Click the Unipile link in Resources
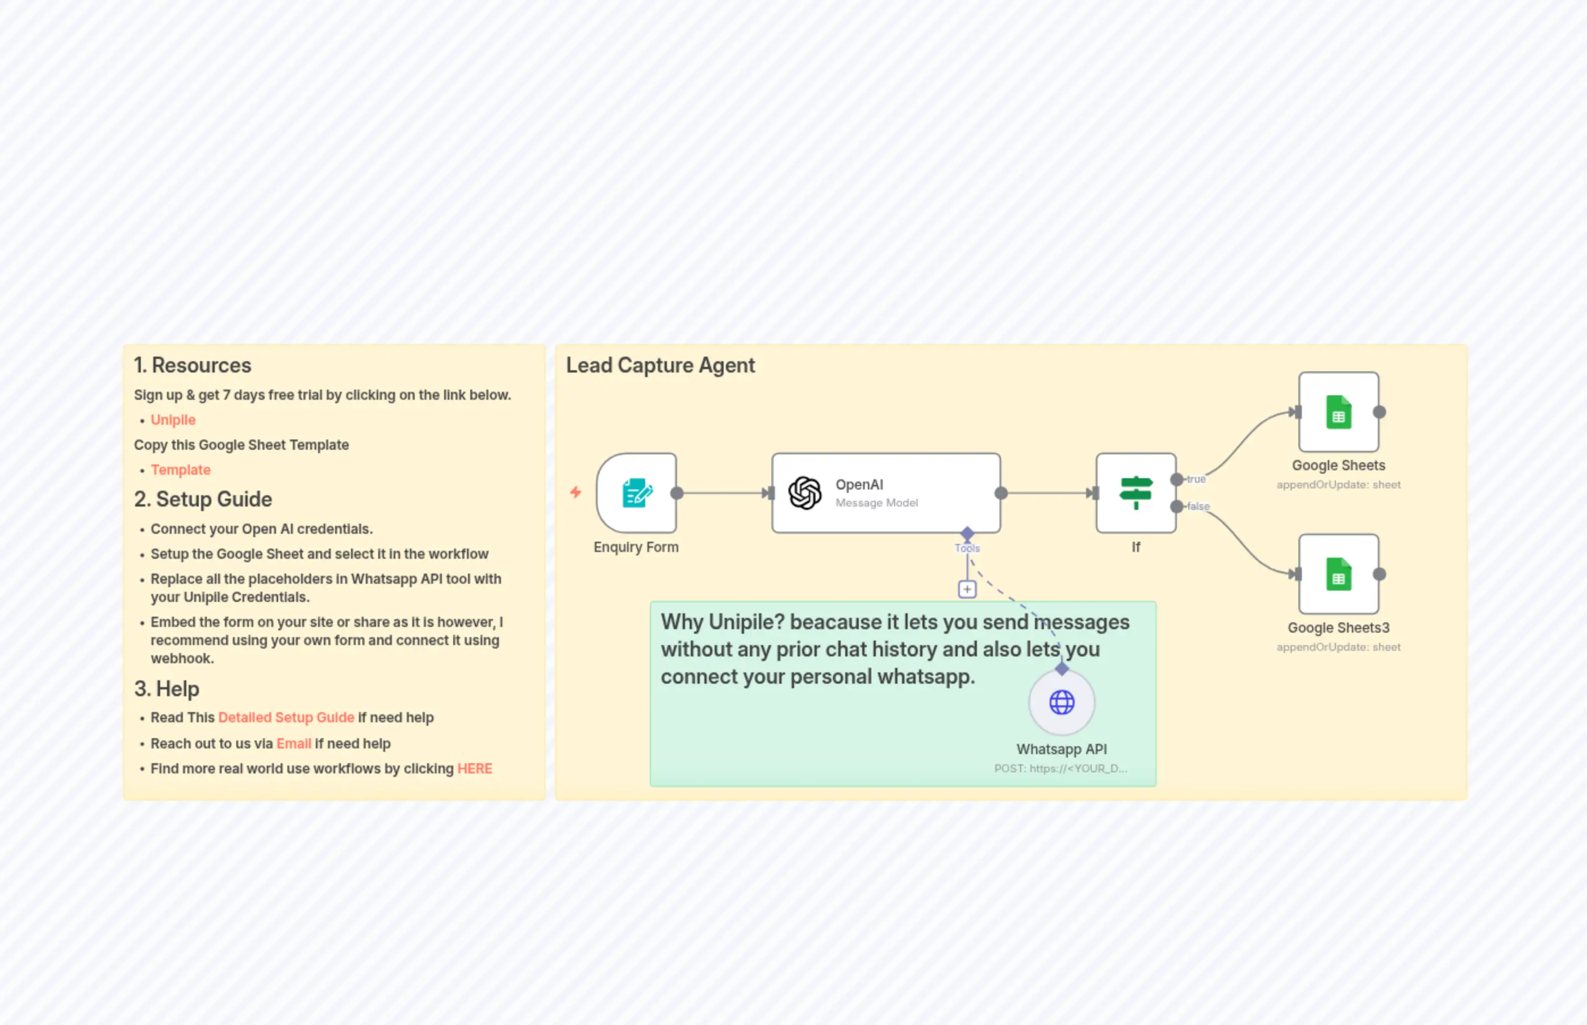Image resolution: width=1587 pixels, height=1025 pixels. (173, 420)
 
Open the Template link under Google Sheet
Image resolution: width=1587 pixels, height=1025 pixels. (181, 470)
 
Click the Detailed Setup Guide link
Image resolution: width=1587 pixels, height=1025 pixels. (286, 718)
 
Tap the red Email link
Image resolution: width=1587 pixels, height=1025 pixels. (294, 743)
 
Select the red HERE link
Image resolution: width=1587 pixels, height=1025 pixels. (475, 769)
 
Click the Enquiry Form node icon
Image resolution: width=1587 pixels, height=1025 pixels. (636, 493)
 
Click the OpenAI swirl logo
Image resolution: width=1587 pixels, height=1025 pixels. (805, 493)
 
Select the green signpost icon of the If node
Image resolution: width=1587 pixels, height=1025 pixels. (1135, 493)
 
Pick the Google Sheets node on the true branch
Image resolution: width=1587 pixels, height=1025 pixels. (1338, 413)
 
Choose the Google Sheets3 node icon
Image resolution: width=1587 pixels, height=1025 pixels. (1338, 575)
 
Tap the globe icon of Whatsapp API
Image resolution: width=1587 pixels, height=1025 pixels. (1062, 702)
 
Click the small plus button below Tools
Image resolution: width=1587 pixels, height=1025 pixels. (967, 589)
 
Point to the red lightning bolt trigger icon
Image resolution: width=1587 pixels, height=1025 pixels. (576, 492)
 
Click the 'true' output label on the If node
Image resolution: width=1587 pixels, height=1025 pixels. (1196, 479)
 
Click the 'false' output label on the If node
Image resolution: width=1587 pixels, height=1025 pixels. (1198, 507)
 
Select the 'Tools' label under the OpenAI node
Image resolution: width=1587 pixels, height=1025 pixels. (967, 549)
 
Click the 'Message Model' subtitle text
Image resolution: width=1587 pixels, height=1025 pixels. (876, 503)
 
